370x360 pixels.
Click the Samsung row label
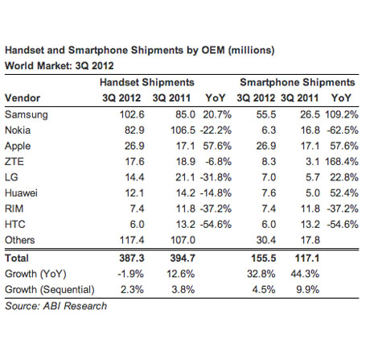[27, 115]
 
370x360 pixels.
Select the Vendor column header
[23, 98]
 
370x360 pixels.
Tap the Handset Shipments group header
[147, 82]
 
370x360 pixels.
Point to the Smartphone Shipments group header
[298, 83]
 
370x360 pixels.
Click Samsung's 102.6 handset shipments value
[132, 114]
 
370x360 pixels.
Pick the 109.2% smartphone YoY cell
[342, 114]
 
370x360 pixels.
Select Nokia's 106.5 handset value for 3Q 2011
[183, 130]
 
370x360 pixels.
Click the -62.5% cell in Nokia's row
[343, 130]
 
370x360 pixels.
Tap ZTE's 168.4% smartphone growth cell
[342, 162]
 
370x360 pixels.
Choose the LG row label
[11, 177]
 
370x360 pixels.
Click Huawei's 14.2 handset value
[185, 193]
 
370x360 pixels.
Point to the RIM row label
[14, 209]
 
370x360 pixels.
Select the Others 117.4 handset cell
[132, 240]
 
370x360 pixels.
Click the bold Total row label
[17, 259]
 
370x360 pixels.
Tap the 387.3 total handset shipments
[132, 259]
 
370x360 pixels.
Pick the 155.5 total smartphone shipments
[264, 259]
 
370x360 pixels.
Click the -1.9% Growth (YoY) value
[130, 274]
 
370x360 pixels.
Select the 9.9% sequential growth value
[308, 290]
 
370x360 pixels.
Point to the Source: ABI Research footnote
[56, 306]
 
